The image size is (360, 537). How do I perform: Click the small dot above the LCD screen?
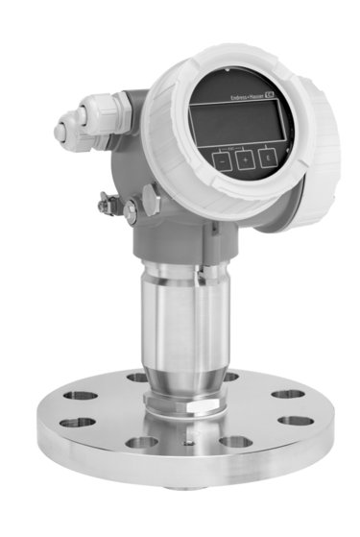pyautogui.click(x=226, y=69)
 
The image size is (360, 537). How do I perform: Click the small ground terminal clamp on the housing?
pyautogui.click(x=108, y=205)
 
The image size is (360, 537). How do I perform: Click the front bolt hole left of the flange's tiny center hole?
pyautogui.click(x=141, y=443)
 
